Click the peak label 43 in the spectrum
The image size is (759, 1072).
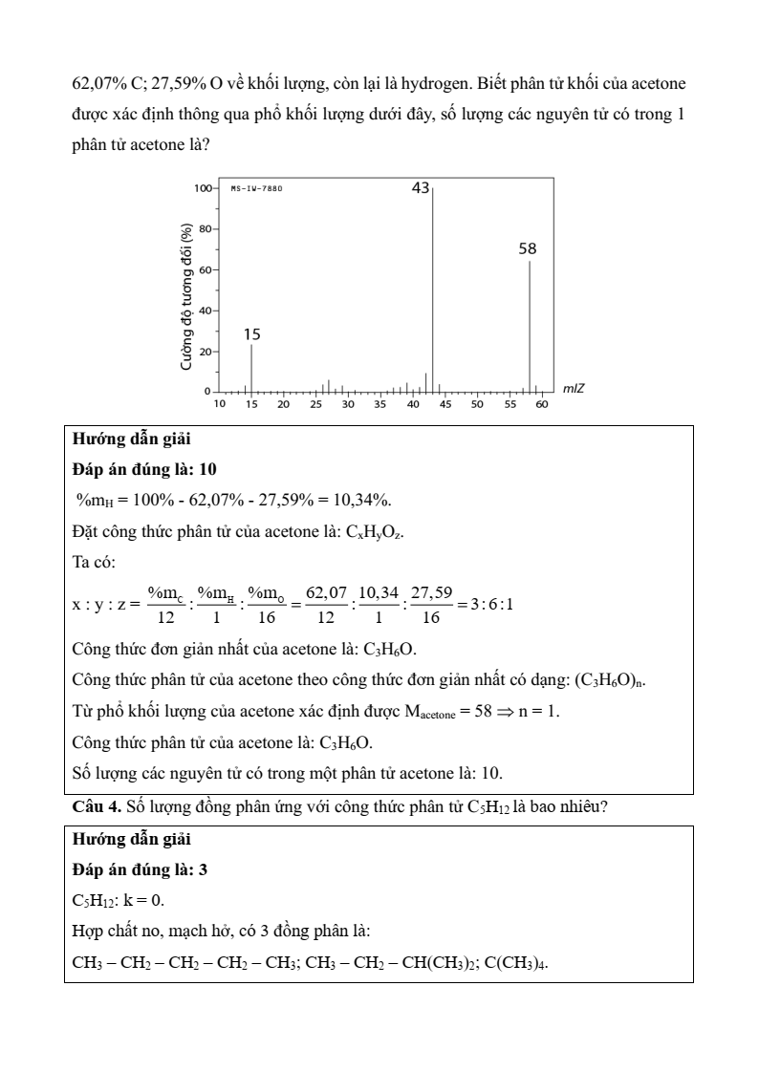[421, 188]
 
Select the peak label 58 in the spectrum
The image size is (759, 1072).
[527, 248]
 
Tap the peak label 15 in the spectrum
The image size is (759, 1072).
[251, 334]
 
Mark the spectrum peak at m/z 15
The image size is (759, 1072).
[251, 368]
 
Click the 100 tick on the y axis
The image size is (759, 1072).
[203, 188]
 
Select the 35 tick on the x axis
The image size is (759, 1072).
[379, 405]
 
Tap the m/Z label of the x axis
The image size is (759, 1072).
[574, 388]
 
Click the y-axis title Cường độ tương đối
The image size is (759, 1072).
[187, 297]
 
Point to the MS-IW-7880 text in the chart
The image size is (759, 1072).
[256, 188]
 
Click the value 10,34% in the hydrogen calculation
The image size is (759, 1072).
[379, 501]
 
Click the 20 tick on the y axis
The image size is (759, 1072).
[206, 352]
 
